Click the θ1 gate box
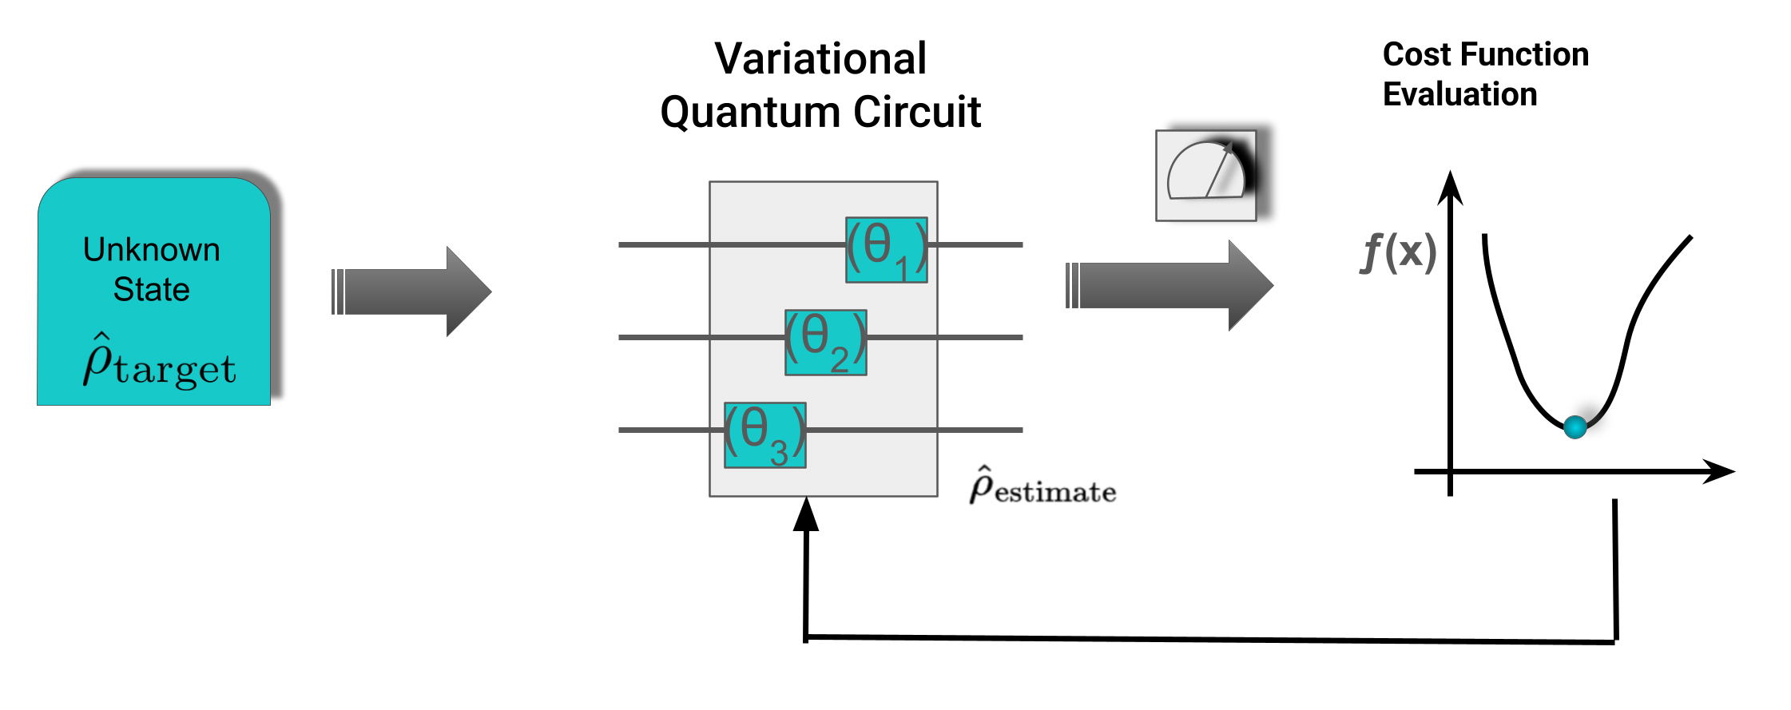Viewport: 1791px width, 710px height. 887,250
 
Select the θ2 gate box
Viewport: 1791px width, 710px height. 826,343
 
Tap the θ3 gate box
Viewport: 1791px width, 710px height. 765,435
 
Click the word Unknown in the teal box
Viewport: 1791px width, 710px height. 152,250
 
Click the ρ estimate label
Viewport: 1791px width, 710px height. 1042,486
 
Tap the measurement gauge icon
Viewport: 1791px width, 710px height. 1205,176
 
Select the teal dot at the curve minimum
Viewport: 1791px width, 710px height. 1575,427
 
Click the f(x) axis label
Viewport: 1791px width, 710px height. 1398,252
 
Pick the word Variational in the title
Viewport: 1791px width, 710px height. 820,59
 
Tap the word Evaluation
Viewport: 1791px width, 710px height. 1459,94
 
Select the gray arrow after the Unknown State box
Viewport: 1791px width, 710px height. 411,292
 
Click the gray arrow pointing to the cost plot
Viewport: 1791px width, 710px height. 1170,285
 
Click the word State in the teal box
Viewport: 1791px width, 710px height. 152,289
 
